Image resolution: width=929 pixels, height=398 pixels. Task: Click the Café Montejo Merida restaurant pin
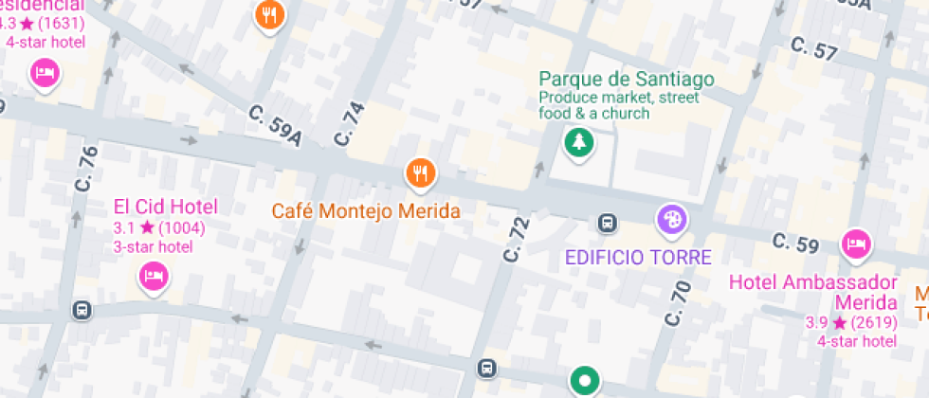pyautogui.click(x=420, y=173)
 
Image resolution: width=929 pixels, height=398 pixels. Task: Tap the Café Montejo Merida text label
pyautogui.click(x=366, y=210)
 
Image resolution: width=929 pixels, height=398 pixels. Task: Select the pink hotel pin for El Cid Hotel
pyautogui.click(x=154, y=277)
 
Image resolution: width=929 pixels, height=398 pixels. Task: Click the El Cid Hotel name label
pyautogui.click(x=166, y=207)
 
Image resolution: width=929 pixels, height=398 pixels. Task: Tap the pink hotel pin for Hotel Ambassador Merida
pyautogui.click(x=856, y=244)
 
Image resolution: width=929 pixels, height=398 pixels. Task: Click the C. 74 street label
pyautogui.click(x=348, y=123)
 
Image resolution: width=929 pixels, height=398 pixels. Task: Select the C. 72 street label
pyautogui.click(x=515, y=240)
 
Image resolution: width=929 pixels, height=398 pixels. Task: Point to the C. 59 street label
pyautogui.click(x=794, y=244)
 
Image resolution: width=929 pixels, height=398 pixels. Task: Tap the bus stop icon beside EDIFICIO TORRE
pyautogui.click(x=607, y=224)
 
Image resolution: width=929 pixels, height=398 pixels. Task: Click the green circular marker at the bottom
pyautogui.click(x=585, y=382)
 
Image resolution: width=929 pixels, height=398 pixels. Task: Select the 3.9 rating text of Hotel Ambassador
pyautogui.click(x=816, y=322)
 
